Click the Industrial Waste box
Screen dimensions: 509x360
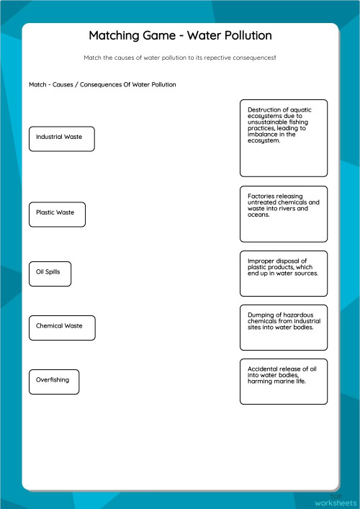[x=61, y=138]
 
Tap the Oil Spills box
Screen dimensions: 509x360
[x=50, y=273]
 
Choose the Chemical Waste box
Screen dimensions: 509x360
[x=61, y=327]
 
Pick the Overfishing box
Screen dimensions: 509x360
[x=54, y=381]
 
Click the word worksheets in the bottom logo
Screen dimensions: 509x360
[x=336, y=501]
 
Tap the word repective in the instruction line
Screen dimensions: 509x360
[x=214, y=57]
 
